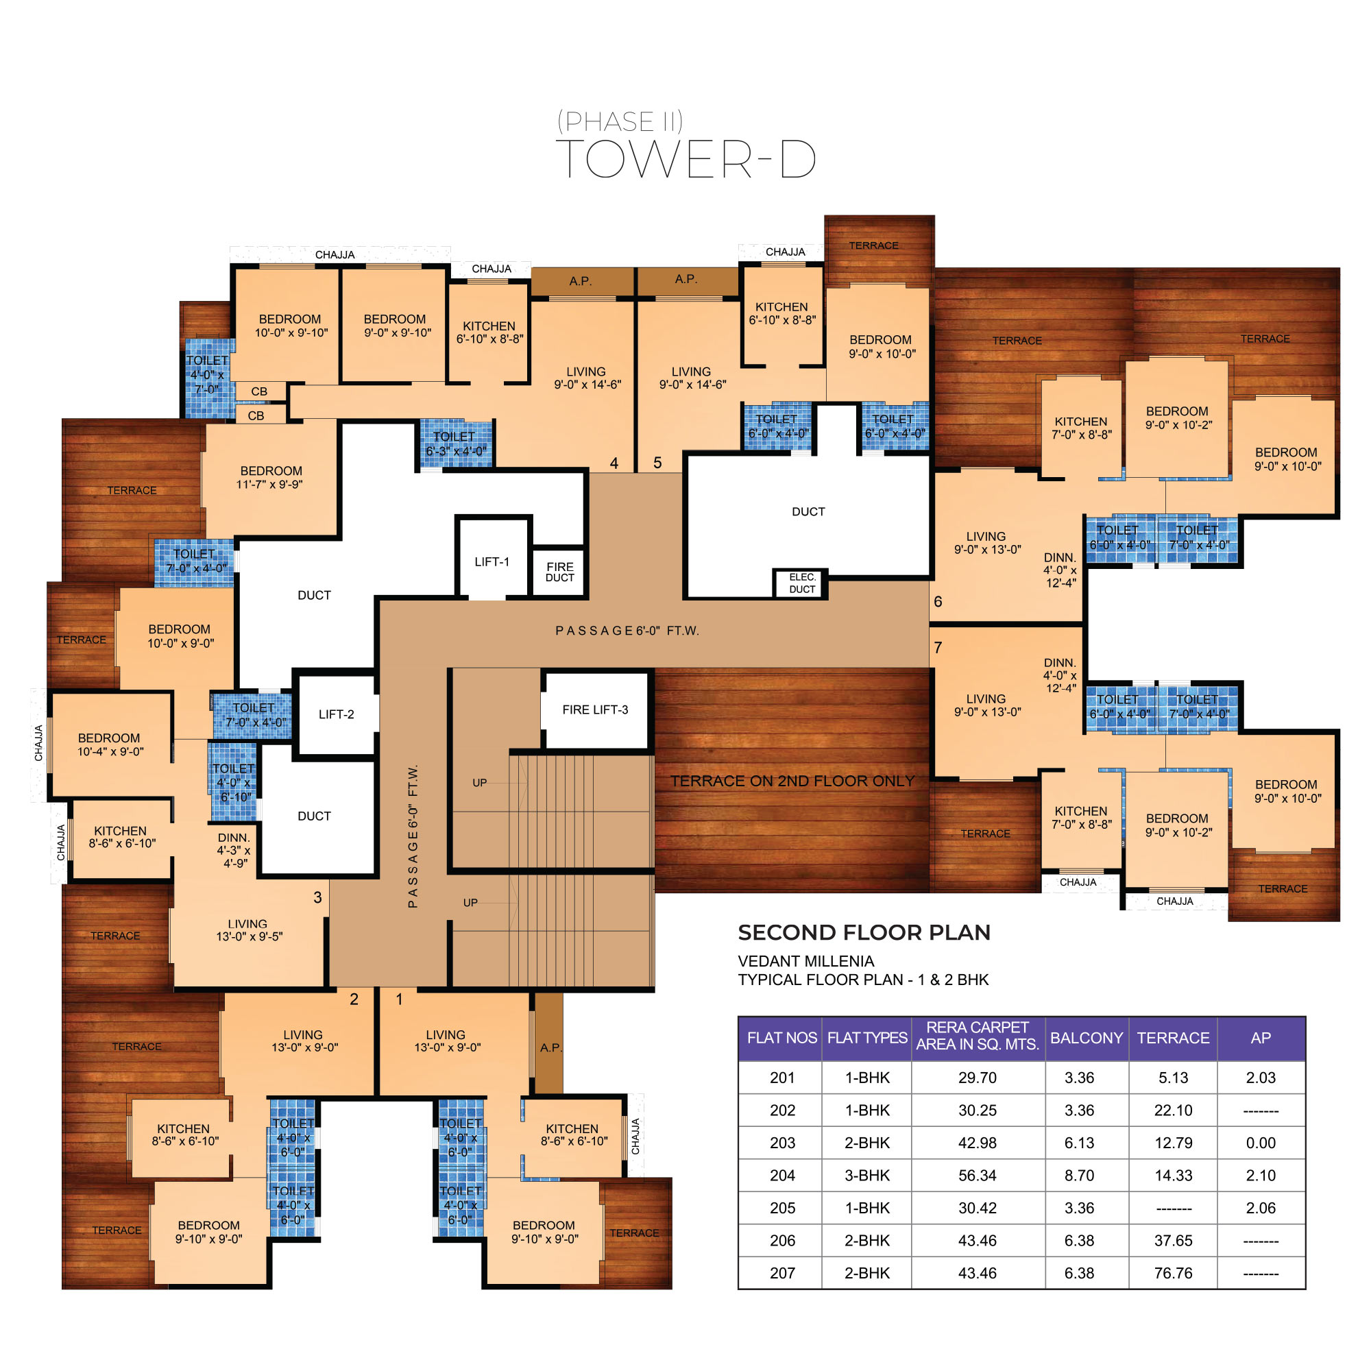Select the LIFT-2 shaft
(x=336, y=713)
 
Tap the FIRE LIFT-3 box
(x=596, y=709)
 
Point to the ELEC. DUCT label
(x=802, y=583)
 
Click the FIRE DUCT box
(x=559, y=572)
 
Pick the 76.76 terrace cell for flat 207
(x=1173, y=1273)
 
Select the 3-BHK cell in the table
(x=866, y=1175)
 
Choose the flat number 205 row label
(x=782, y=1208)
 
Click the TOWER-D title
(x=686, y=159)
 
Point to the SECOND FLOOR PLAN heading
(x=864, y=932)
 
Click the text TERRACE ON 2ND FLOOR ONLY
(x=792, y=781)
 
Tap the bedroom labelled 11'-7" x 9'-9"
(x=270, y=478)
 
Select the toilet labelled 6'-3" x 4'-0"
(x=456, y=444)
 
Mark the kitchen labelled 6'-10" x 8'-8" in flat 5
(x=782, y=314)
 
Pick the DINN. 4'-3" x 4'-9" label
(x=234, y=850)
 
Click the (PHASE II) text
(x=620, y=121)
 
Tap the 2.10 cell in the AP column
(x=1261, y=1175)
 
